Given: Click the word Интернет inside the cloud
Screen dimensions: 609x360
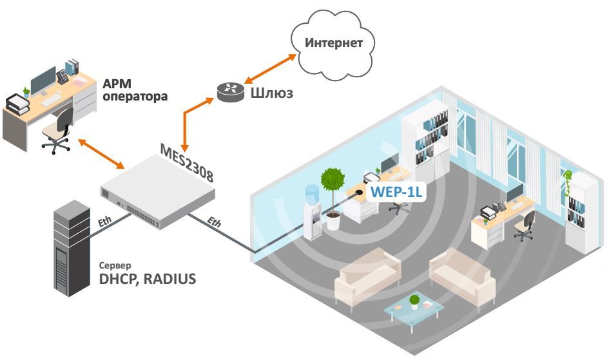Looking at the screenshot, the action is [334, 43].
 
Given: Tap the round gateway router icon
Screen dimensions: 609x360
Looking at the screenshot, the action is [230, 92].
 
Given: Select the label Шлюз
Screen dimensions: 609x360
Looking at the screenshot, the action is [271, 93].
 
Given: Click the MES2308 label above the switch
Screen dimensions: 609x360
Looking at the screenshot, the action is [187, 163].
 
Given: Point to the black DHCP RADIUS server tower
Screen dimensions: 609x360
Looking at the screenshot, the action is [72, 249].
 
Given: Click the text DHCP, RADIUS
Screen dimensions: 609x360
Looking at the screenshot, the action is [148, 279].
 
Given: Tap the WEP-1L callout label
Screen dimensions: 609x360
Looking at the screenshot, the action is [396, 192].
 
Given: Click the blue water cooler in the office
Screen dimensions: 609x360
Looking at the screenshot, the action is [313, 212].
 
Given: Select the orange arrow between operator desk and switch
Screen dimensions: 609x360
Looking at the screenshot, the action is [101, 154].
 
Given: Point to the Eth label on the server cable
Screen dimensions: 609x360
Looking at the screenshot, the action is [104, 222].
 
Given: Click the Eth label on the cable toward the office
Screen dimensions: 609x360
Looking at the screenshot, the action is [214, 222].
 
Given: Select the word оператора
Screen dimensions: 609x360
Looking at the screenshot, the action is [135, 97].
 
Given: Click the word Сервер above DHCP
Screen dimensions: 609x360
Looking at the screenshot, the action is [115, 266].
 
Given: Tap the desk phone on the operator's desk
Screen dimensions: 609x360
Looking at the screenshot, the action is [62, 77].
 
